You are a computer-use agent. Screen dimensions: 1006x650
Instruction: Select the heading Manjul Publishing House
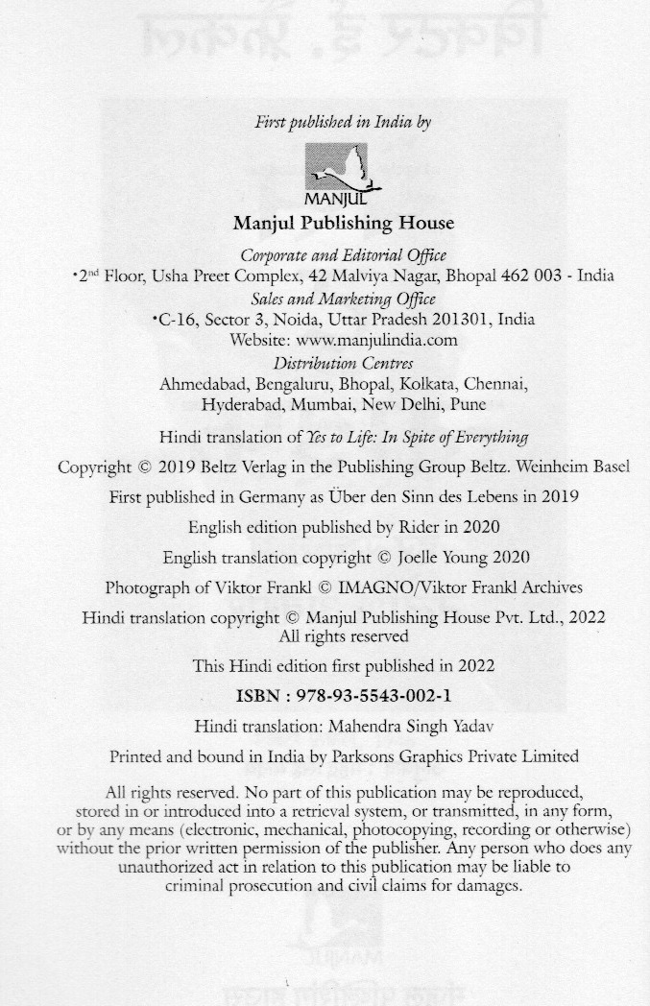tap(344, 224)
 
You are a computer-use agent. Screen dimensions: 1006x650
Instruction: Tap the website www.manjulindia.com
tap(376, 340)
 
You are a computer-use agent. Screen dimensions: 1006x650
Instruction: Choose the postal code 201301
tap(445, 319)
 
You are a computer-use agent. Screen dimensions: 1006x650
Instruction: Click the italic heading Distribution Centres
tap(343, 363)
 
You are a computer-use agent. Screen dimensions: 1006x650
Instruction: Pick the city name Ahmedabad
tap(198, 384)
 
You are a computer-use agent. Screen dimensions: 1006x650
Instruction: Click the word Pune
tap(468, 404)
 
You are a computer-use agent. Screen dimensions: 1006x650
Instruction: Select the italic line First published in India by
tap(342, 122)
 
